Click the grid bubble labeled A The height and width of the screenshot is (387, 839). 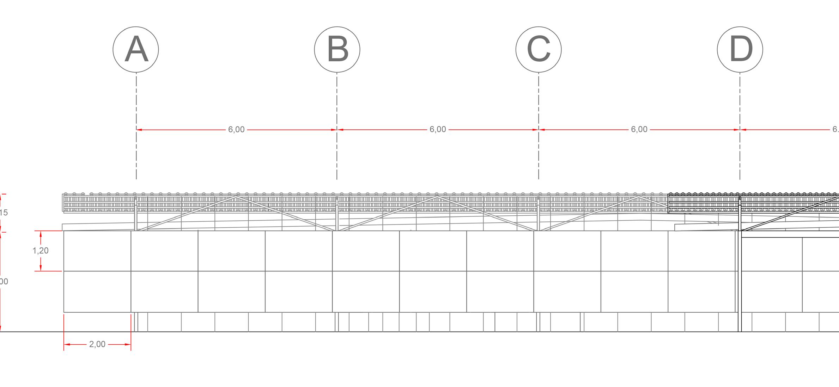(136, 49)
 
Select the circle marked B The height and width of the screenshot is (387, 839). (337, 49)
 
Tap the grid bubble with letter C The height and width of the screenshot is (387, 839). (539, 49)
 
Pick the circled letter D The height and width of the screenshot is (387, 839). (740, 49)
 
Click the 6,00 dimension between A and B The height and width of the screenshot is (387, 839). (236, 130)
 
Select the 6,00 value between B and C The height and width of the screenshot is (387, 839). (438, 130)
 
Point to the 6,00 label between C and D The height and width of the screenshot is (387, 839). (639, 130)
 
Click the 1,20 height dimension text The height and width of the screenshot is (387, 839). (41, 251)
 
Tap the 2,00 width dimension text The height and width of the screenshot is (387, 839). (97, 344)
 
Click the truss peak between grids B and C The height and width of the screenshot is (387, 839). (437, 197)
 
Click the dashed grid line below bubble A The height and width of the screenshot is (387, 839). (136, 106)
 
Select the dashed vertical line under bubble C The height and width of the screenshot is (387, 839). (539, 106)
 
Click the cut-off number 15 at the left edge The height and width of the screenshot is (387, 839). (4, 213)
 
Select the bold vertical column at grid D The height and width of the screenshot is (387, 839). (740, 282)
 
